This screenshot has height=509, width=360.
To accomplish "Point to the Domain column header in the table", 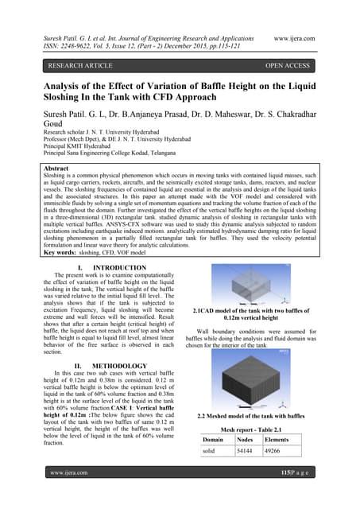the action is [213, 438].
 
